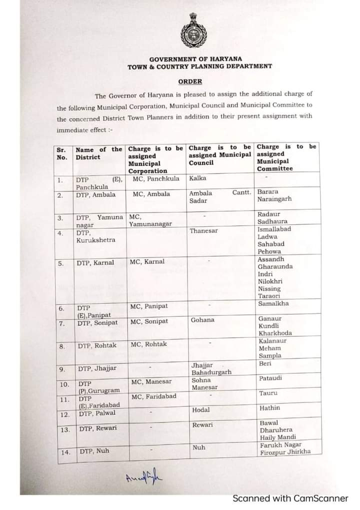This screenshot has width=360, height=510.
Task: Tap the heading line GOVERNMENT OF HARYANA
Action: (196, 59)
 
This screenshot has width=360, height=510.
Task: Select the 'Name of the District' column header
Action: (98, 153)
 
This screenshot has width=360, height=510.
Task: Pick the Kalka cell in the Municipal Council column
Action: (198, 178)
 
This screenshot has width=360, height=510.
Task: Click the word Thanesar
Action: (203, 231)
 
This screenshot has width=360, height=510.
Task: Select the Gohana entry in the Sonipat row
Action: (202, 320)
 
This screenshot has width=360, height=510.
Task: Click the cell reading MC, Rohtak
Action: (149, 344)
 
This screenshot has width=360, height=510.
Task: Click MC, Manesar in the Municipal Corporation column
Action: (151, 382)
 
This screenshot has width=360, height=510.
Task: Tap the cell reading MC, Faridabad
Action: (153, 397)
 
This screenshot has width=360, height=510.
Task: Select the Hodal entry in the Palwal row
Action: (201, 410)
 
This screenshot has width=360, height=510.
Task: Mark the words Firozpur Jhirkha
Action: (284, 452)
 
